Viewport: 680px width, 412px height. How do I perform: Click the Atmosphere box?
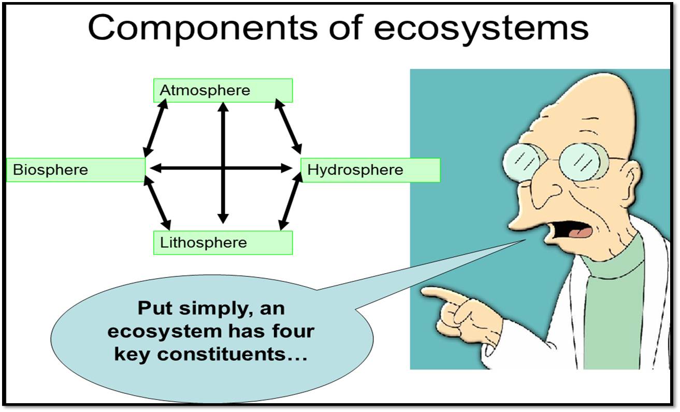(x=223, y=91)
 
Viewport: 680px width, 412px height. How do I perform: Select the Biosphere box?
(x=76, y=169)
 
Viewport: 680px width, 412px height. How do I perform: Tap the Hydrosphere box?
(x=370, y=170)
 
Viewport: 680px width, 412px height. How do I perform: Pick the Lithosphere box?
(x=223, y=243)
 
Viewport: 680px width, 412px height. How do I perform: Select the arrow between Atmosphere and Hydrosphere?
(x=288, y=125)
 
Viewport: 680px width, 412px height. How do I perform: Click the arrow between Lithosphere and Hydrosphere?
(x=291, y=202)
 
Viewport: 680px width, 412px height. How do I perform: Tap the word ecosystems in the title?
(x=481, y=29)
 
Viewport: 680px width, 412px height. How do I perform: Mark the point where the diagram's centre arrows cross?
(x=223, y=168)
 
